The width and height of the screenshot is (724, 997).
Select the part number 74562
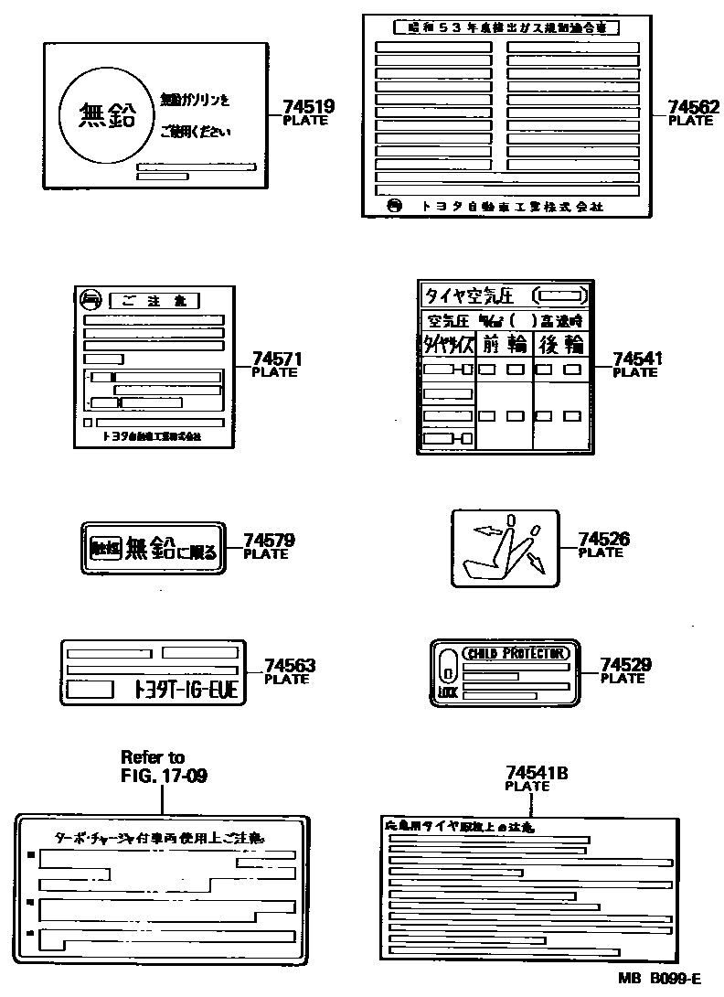click(x=693, y=107)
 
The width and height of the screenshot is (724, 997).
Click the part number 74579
click(x=268, y=541)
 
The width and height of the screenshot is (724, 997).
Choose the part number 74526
click(x=603, y=540)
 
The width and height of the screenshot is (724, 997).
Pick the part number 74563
click(x=289, y=666)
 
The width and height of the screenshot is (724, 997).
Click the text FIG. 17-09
click(x=164, y=777)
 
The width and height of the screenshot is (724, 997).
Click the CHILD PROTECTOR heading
click(x=516, y=653)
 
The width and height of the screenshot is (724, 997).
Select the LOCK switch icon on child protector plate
click(x=447, y=672)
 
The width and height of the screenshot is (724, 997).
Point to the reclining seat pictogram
click(x=506, y=550)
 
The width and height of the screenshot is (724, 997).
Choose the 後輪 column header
click(x=559, y=344)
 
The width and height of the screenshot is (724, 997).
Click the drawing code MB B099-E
click(x=658, y=978)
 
